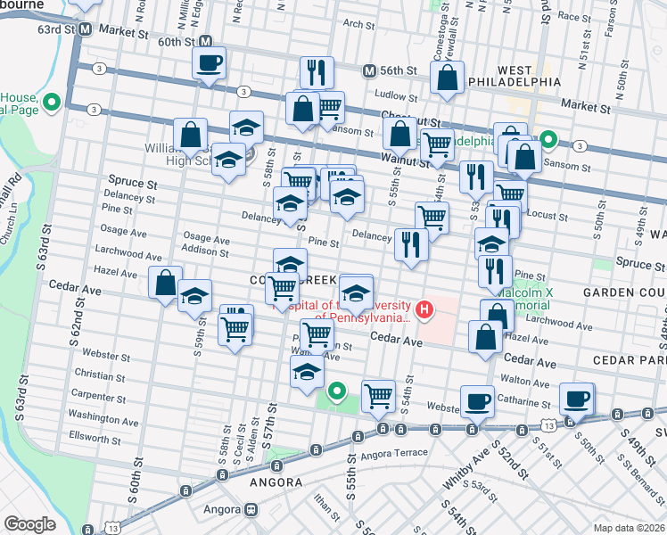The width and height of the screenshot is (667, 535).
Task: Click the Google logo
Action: pos(29,524)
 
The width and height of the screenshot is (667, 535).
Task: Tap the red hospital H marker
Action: pos(424,310)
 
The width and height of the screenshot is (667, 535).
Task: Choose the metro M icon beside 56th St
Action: pos(369,70)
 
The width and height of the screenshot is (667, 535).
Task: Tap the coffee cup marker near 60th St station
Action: pos(210,63)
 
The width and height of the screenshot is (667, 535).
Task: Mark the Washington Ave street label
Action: pos(99,416)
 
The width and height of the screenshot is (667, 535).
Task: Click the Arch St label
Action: pos(358,25)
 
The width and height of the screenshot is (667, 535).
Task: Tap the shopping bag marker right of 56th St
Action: pos(447,78)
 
